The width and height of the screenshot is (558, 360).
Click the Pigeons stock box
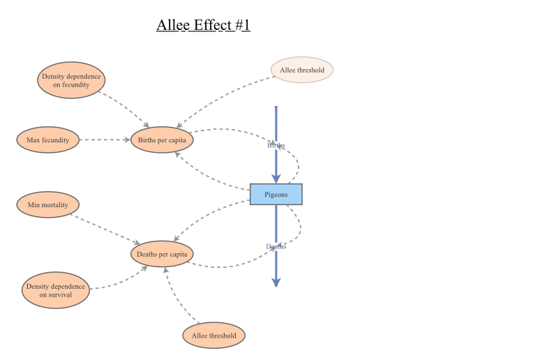(x=276, y=195)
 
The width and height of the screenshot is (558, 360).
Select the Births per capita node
(x=162, y=140)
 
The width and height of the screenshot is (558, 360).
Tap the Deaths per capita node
(x=162, y=254)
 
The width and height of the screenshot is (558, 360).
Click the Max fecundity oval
(x=47, y=140)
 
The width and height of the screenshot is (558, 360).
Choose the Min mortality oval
(x=47, y=205)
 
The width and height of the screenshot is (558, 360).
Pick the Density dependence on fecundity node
(x=71, y=80)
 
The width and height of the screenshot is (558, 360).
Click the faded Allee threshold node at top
(x=302, y=70)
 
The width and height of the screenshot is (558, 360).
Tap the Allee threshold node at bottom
(x=214, y=336)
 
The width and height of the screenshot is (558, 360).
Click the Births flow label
(x=276, y=146)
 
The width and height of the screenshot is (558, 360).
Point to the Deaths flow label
(x=276, y=246)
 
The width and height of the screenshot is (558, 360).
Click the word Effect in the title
(x=210, y=26)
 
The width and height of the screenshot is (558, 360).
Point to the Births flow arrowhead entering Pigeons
(x=276, y=179)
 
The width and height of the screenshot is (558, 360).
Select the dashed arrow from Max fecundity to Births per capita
(x=105, y=140)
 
